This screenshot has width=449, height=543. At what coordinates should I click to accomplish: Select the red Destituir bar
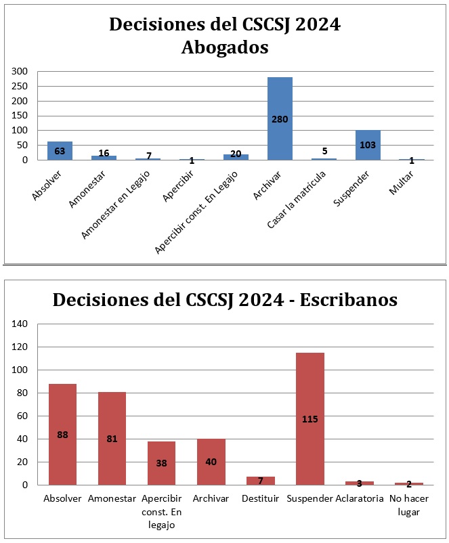click(x=261, y=481)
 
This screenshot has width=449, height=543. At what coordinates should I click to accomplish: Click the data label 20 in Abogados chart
click(x=236, y=154)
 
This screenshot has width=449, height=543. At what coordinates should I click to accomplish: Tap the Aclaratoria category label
click(x=359, y=499)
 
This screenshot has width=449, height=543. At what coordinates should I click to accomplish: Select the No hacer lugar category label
click(x=409, y=505)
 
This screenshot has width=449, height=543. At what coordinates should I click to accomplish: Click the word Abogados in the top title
click(x=225, y=48)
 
